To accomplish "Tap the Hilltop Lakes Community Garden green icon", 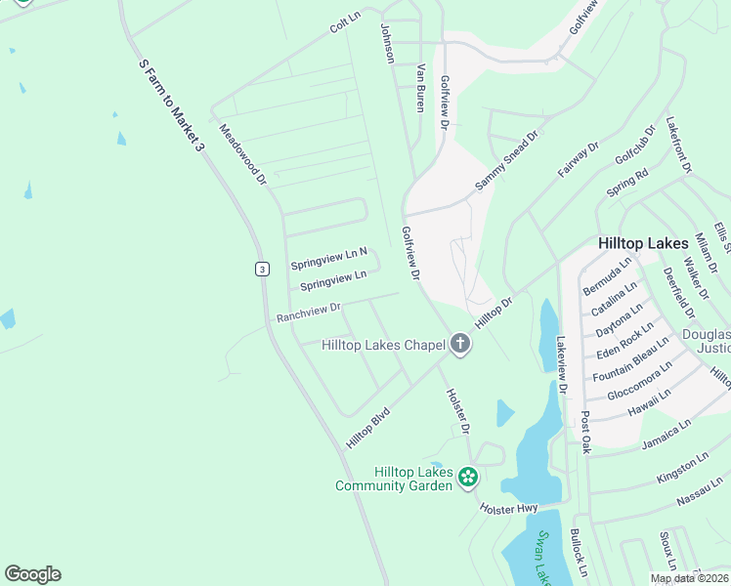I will click(469, 478).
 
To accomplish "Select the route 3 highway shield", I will click(262, 269).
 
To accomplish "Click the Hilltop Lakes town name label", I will click(644, 242).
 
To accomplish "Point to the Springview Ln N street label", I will click(328, 259).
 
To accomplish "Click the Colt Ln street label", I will click(345, 22).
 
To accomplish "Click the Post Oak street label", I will click(585, 432).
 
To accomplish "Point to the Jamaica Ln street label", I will click(666, 436).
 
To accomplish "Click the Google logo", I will click(32, 574).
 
